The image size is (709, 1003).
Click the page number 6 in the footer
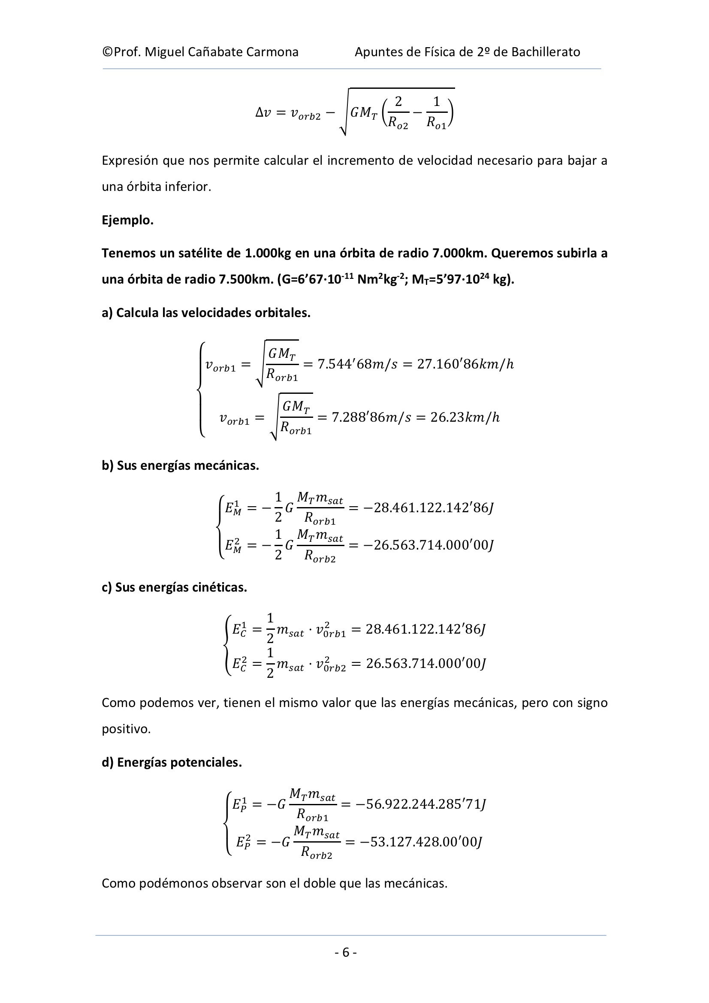point(346,952)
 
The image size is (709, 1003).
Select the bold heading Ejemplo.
point(127,220)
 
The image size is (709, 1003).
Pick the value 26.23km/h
point(465,417)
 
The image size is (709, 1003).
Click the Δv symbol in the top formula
point(263,113)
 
